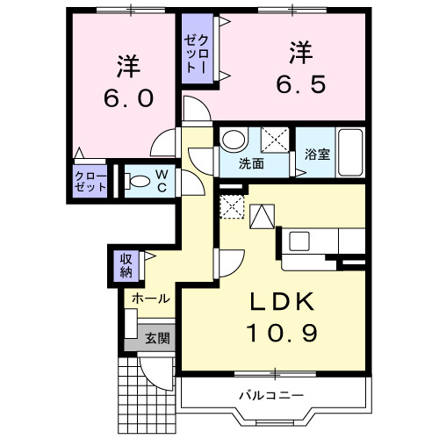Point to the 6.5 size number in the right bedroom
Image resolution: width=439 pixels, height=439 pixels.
coord(299,84)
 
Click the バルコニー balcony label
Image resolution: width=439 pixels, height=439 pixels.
coord(271,394)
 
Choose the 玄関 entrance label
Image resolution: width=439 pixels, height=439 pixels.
coord(157,338)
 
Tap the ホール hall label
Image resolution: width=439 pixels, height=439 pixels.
coord(150,299)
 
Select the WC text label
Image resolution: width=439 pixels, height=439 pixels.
coord(165,181)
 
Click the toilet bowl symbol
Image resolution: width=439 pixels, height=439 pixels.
coord(138,182)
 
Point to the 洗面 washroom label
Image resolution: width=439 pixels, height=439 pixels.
coord(252,164)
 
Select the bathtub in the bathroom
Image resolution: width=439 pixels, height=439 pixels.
coord(349,153)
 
